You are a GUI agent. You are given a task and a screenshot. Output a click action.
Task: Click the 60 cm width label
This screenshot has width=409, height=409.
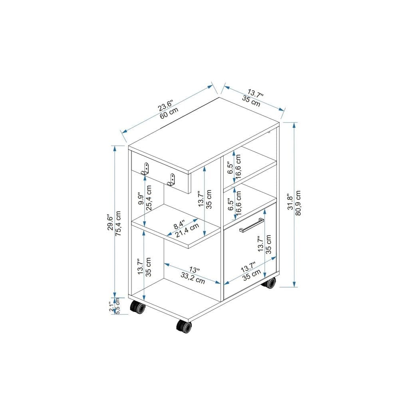(169, 114)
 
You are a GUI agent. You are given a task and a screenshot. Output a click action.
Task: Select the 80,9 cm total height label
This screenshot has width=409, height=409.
(298, 202)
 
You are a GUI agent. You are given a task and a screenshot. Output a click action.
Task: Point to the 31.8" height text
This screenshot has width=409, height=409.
(290, 202)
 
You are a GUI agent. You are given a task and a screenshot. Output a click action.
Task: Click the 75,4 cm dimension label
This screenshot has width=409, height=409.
(118, 223)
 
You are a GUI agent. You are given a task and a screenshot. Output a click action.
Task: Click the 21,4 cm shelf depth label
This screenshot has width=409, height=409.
(186, 231)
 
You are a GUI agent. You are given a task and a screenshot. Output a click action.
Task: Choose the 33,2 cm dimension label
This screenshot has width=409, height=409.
(193, 278)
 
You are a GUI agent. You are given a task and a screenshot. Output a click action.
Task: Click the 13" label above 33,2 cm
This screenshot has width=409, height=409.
(195, 270)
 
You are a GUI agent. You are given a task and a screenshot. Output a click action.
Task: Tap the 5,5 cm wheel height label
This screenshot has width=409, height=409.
(118, 306)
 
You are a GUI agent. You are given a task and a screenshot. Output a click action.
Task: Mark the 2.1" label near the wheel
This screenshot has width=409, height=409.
(112, 306)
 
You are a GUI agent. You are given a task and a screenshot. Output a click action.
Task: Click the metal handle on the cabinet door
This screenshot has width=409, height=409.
(252, 225)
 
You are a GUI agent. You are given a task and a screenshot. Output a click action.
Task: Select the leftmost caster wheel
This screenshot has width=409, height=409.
(137, 308)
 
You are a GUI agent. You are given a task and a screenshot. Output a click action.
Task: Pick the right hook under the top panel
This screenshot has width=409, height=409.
(171, 179)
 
